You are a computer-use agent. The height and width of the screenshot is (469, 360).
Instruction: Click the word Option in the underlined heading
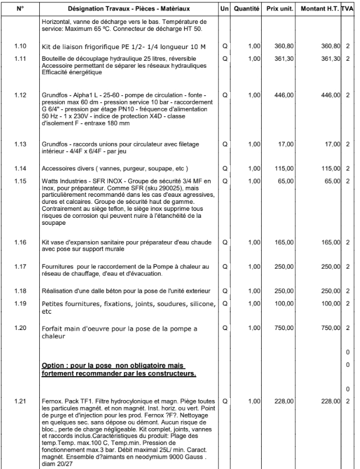pos(54,366)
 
